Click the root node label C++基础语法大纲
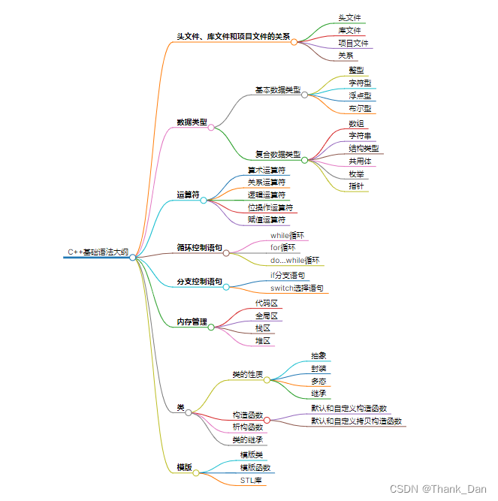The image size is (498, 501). (98, 252)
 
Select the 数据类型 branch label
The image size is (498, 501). (192, 122)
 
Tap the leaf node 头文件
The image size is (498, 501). (349, 17)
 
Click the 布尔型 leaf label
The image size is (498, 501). (360, 108)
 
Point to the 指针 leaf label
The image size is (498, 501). (356, 186)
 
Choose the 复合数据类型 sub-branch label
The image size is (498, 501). (277, 154)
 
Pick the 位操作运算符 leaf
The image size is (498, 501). (270, 207)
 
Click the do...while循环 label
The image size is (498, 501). (294, 260)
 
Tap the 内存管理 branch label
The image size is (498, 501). (192, 321)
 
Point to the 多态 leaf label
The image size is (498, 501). (318, 381)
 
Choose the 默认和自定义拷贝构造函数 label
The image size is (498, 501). (356, 421)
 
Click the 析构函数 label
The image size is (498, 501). (247, 427)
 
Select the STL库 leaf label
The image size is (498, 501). (251, 480)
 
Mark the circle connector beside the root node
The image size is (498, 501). (133, 257)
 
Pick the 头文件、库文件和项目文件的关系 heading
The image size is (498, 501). (233, 36)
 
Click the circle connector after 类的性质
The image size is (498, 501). (267, 380)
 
